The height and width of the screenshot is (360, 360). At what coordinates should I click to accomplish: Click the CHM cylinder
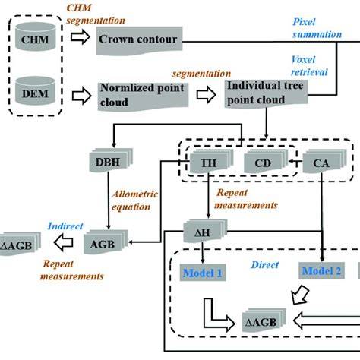point(35,36)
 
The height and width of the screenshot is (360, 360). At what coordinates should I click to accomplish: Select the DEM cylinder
point(35,90)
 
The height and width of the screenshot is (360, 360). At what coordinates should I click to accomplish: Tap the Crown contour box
point(139,40)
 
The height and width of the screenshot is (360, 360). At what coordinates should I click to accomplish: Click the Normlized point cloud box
point(143,96)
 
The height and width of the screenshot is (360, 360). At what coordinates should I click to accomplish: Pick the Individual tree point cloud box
point(266,93)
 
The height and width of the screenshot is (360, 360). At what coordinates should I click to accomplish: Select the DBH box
point(111,160)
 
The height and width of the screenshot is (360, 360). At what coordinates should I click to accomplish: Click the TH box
point(211,162)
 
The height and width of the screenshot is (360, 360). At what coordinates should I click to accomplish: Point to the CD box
point(266,162)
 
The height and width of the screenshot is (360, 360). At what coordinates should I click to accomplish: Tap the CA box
point(324,162)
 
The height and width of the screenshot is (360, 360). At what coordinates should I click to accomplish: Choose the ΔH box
point(205,231)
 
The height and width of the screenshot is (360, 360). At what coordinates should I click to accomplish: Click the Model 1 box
point(203,273)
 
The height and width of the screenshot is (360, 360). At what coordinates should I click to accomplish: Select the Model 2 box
point(321,271)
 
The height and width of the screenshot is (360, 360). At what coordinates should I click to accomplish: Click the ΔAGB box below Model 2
point(264,321)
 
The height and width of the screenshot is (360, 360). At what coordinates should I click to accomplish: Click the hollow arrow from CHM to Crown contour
point(81,37)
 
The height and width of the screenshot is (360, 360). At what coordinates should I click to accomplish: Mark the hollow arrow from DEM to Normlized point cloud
point(81,96)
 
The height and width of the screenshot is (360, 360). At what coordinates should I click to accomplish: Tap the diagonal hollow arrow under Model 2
point(301,295)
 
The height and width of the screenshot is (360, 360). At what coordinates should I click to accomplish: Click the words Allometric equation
point(134,201)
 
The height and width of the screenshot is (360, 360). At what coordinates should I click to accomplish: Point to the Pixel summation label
point(317,28)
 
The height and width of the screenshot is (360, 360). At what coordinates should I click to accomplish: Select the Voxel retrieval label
point(309,66)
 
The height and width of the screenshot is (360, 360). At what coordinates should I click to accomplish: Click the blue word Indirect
point(65,226)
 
